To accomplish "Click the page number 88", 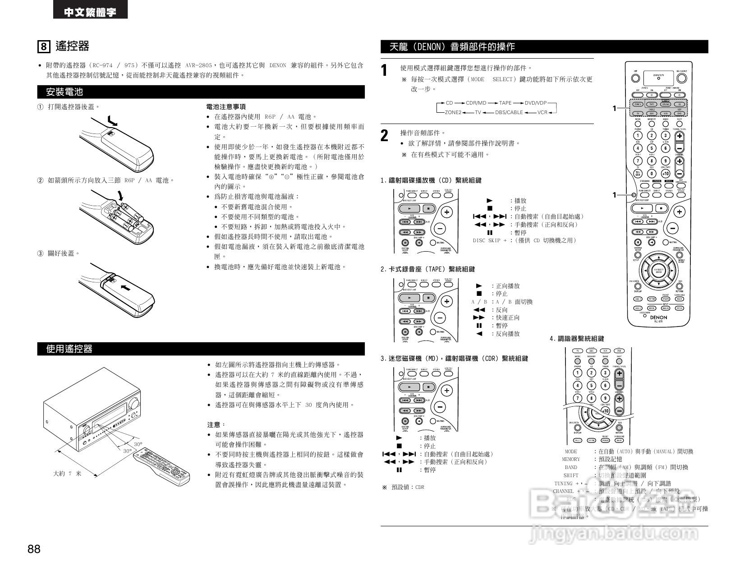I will pyautogui.click(x=34, y=549).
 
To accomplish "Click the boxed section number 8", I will pyautogui.click(x=43, y=46).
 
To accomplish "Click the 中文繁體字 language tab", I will pyautogui.click(x=90, y=12).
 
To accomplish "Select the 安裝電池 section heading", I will pyautogui.click(x=65, y=92).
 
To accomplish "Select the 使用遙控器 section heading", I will pyautogui.click(x=69, y=349).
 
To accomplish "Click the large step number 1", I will pyautogui.click(x=384, y=70).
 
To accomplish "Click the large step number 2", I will pyautogui.click(x=384, y=135).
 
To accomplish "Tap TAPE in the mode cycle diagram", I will pyautogui.click(x=505, y=103).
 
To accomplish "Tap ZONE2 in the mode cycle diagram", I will pyautogui.click(x=453, y=112).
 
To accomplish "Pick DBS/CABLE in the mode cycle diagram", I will pyautogui.click(x=509, y=112).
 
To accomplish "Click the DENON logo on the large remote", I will pyautogui.click(x=658, y=317).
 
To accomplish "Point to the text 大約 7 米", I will pyautogui.click(x=67, y=474).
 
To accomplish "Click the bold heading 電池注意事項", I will pyautogui.click(x=225, y=107).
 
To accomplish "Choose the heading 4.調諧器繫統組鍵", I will pyautogui.click(x=577, y=339).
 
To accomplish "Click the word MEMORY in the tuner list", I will pyautogui.click(x=571, y=459).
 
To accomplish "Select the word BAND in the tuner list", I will pyautogui.click(x=571, y=467).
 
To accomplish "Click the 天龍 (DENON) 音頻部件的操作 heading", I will pyautogui.click(x=452, y=46).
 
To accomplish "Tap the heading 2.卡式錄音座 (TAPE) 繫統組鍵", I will pyautogui.click(x=427, y=269).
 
